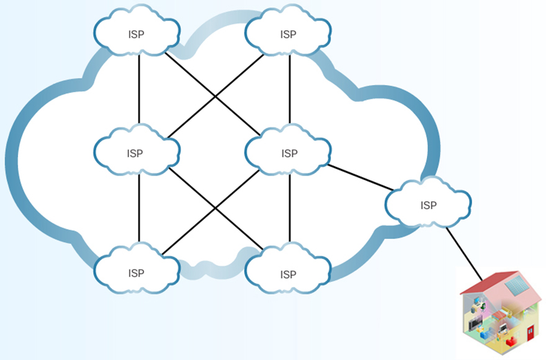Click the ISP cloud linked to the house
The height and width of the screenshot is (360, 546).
(428, 204)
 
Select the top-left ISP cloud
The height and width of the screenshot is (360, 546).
(136, 34)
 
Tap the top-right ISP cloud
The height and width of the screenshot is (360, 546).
(288, 34)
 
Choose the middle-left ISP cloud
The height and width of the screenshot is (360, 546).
(136, 153)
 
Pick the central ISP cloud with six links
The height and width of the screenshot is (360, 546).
(288, 153)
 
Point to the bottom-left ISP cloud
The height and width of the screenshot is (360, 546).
(136, 272)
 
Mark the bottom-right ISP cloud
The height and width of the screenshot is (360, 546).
(288, 273)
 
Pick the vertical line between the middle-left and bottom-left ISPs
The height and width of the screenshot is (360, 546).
(139, 208)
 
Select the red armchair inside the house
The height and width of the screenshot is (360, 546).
(510, 342)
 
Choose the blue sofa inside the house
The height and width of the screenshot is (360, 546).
(485, 336)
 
